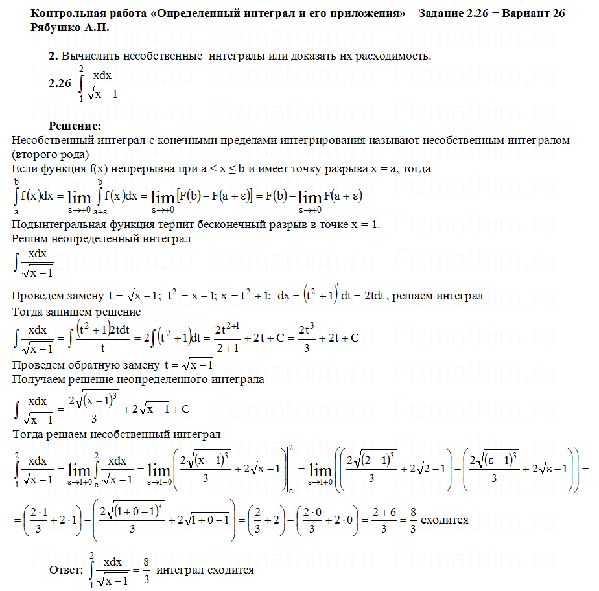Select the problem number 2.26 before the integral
59,83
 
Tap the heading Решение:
75,125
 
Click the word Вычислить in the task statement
87,56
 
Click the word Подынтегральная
56,225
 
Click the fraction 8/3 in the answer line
147,570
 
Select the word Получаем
38,379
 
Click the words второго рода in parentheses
48,154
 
